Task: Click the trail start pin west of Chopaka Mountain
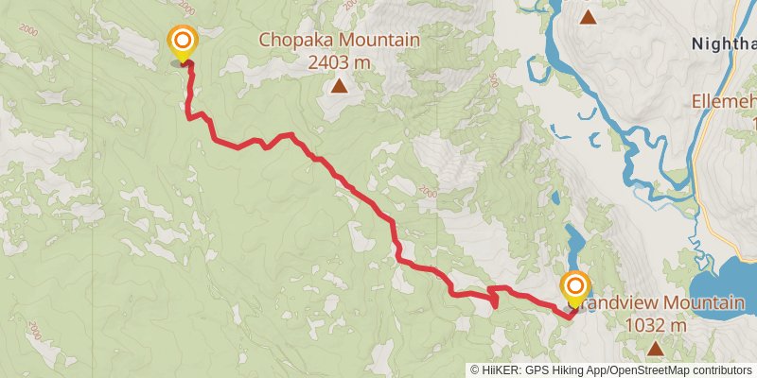click(x=182, y=43)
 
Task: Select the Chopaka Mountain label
click(x=339, y=41)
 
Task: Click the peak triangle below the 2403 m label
click(x=339, y=88)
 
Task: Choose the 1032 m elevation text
click(x=656, y=325)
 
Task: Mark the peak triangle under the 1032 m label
click(x=656, y=349)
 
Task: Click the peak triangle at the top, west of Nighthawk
click(x=589, y=16)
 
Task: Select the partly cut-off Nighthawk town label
click(x=724, y=43)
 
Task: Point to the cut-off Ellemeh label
click(x=726, y=99)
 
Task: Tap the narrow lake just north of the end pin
click(x=572, y=241)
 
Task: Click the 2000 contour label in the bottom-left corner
click(x=34, y=330)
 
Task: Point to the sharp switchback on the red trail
click(x=494, y=301)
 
